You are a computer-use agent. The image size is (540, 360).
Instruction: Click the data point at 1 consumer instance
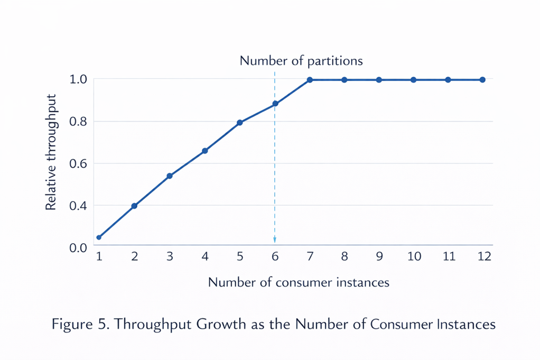99,237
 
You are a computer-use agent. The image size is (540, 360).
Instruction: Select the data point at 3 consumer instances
170,176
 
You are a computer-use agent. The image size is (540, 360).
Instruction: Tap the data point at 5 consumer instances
240,123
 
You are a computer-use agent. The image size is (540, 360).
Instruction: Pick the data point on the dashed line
275,104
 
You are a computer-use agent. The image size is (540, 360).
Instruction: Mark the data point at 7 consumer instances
310,80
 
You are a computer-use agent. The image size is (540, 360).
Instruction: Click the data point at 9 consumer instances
379,80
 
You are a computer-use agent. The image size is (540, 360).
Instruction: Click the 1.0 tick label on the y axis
78,79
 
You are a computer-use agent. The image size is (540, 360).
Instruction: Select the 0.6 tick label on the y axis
78,163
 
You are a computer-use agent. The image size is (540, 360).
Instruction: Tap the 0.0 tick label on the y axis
78,247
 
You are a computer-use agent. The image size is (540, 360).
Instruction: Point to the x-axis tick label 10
414,257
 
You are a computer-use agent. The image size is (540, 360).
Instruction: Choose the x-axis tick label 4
205,257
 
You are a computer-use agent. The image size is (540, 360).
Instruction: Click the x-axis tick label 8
344,257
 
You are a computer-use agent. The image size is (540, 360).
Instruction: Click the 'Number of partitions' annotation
301,61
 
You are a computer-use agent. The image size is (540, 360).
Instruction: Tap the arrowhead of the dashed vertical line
275,241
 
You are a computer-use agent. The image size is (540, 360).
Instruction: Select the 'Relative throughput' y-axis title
51,153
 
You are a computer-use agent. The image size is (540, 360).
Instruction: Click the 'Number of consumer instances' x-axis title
299,282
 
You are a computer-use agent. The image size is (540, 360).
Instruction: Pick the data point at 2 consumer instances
134,206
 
